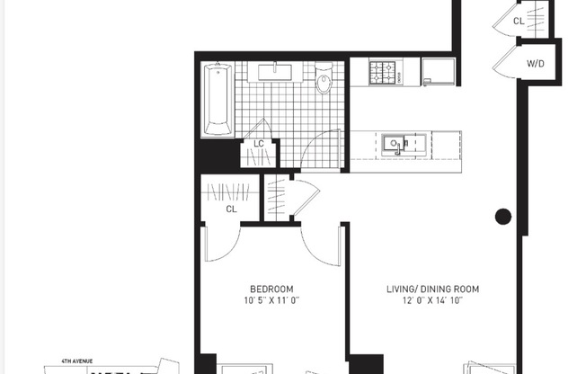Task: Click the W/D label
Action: (x=535, y=63)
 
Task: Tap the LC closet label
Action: (x=259, y=144)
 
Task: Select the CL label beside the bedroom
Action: (x=231, y=209)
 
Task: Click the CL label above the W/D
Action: (x=519, y=20)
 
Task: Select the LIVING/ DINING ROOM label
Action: (x=432, y=289)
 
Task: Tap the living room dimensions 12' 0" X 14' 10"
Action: (x=432, y=300)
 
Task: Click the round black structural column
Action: (x=503, y=216)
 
